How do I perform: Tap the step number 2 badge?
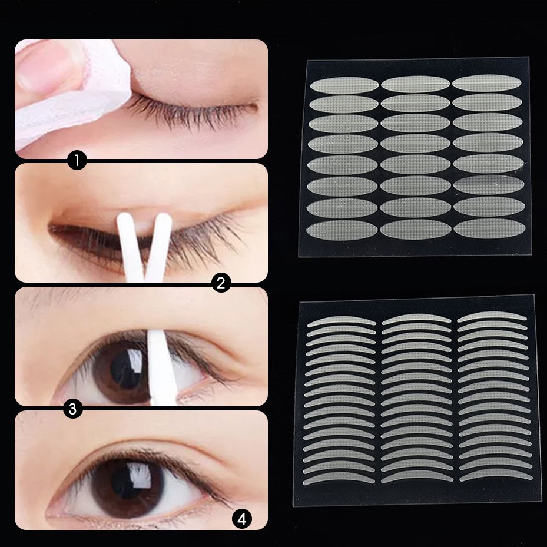221,284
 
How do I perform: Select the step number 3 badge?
72,409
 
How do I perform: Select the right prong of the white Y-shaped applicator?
160,241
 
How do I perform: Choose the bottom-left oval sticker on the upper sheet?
342,229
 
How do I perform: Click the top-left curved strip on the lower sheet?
343,321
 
